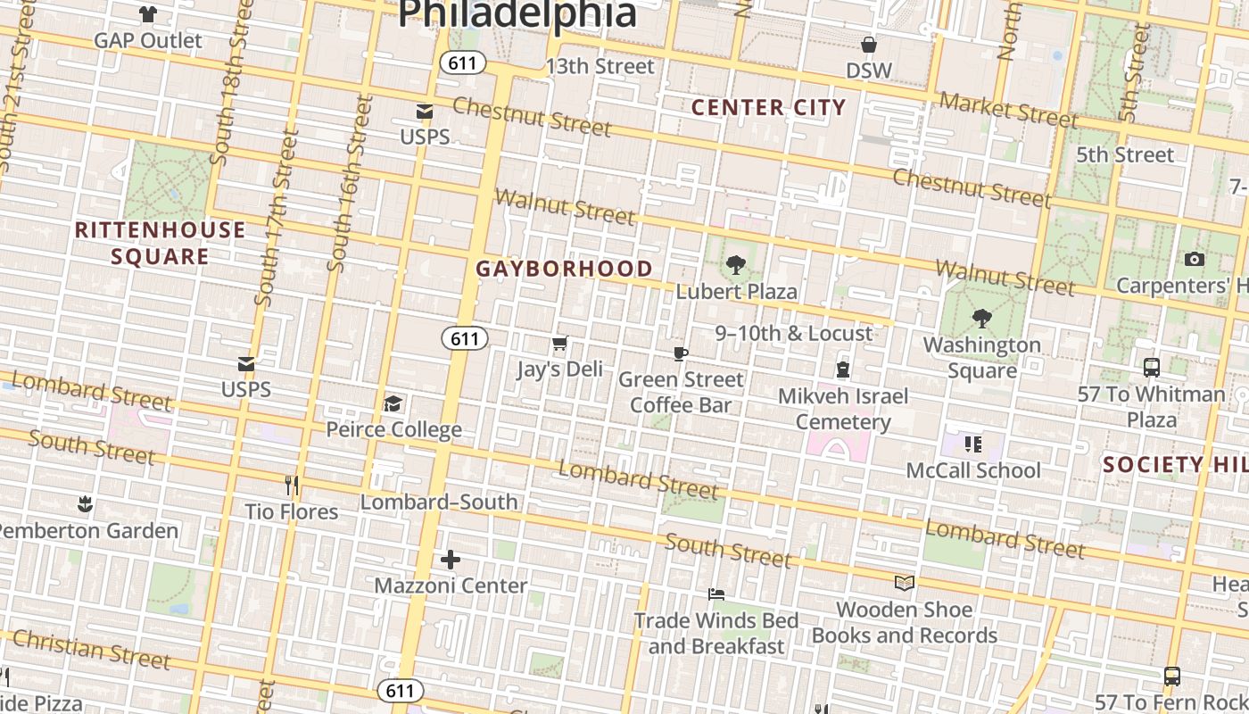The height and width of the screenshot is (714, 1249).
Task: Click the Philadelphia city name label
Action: coord(517,13)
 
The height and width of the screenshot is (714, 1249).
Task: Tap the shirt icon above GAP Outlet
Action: coord(148,14)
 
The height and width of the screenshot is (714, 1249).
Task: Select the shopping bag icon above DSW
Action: coord(868,45)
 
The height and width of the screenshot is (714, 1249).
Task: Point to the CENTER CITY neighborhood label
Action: coord(768,108)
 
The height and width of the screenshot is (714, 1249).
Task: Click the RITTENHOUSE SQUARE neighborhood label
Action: coord(160,243)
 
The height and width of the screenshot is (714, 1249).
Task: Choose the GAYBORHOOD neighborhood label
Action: coord(564,269)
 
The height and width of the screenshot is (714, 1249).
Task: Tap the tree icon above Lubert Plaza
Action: coord(736,265)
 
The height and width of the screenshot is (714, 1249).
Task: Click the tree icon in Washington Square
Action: coord(981,319)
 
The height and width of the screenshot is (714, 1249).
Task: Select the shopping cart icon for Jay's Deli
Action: coord(560,344)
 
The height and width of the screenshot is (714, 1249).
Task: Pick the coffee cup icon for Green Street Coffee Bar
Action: coord(681,354)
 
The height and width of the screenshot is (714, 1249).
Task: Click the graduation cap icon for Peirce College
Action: coord(393,404)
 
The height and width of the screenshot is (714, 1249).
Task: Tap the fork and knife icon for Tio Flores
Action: coord(292,486)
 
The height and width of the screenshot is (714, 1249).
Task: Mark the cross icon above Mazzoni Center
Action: coord(451,560)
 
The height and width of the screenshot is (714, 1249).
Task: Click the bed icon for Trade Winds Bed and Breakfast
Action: coord(715,594)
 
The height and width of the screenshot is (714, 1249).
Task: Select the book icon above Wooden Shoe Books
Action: coord(905,584)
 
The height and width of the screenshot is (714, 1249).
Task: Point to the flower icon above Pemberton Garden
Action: coord(85,504)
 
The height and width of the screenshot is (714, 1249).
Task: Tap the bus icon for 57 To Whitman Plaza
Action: coord(1152,367)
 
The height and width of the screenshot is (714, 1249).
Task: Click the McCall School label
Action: coord(973,470)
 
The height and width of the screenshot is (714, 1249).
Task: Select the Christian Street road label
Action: coord(91,649)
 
